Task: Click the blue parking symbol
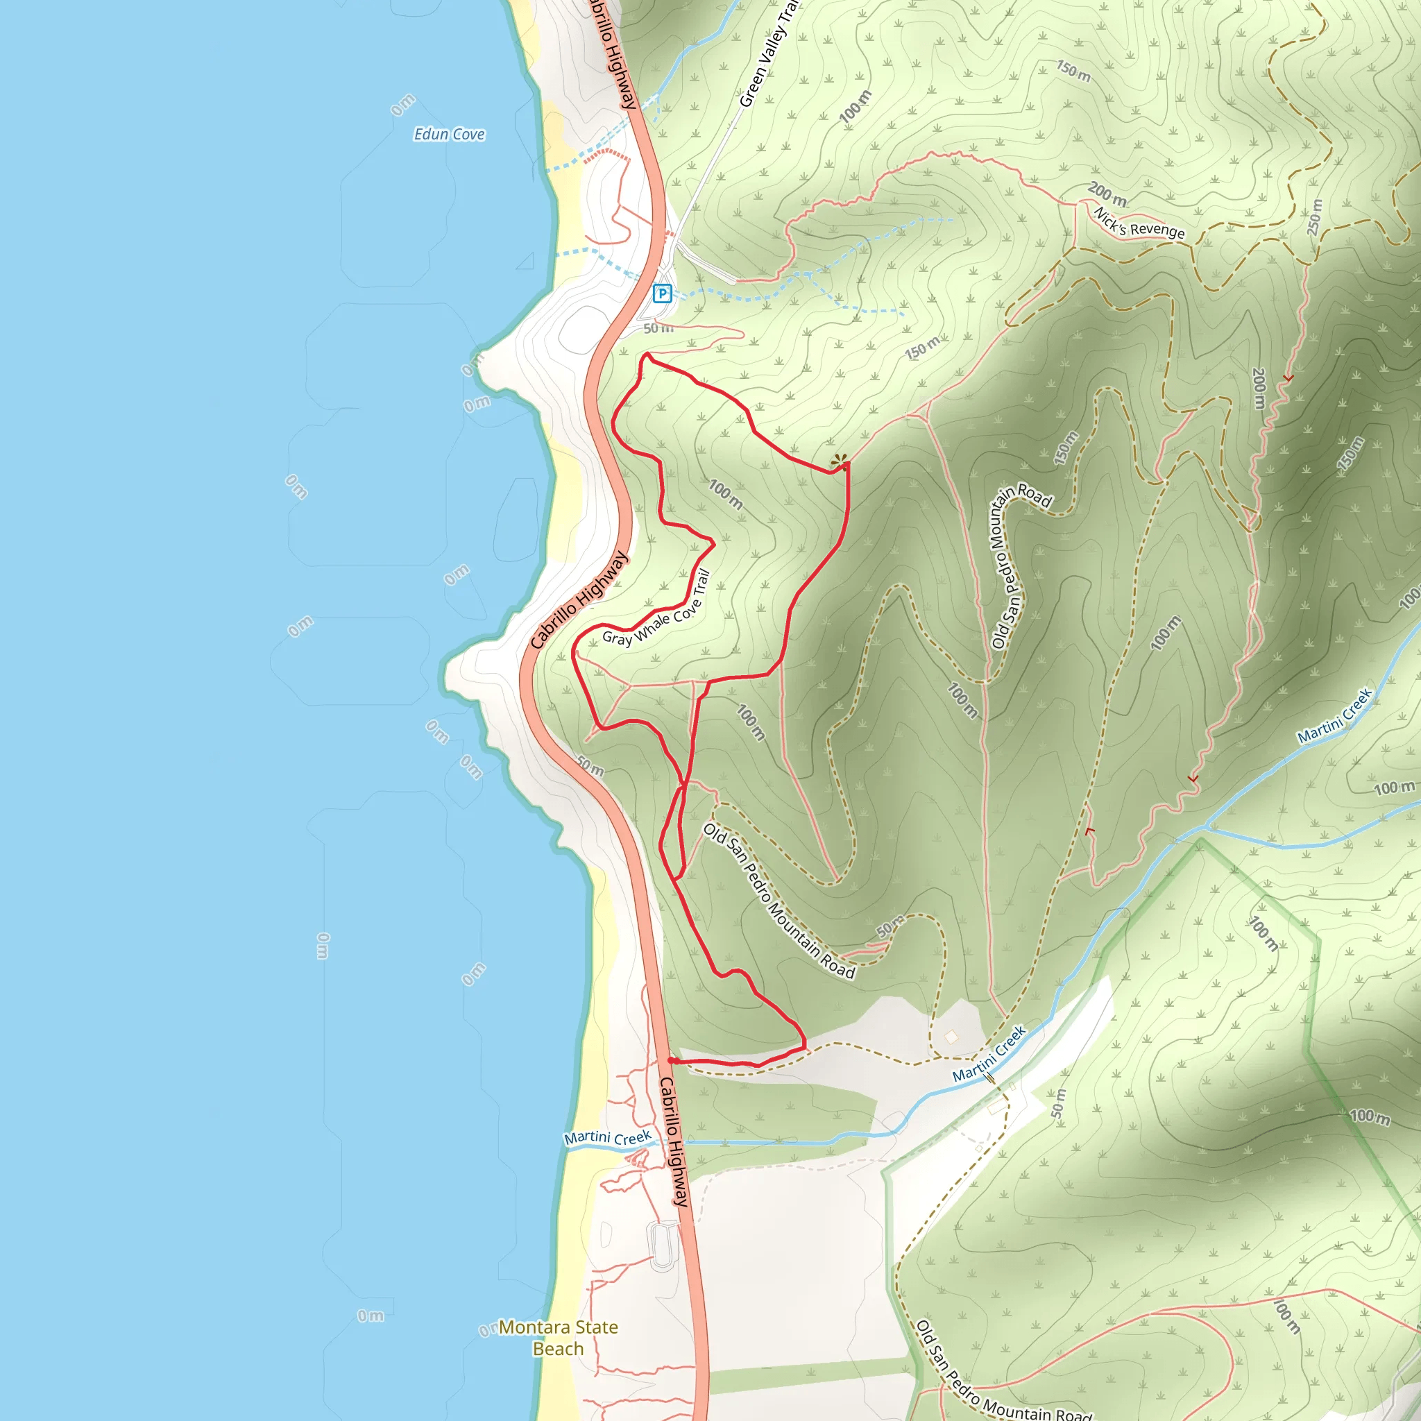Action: (x=662, y=294)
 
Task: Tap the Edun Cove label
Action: (x=450, y=134)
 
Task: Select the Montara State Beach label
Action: (x=559, y=1338)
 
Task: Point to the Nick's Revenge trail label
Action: (x=1139, y=223)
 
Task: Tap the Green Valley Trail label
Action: (x=769, y=56)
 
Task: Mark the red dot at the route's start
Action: (x=671, y=1060)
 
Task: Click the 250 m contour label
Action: (x=1314, y=217)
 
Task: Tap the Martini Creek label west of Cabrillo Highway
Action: (x=608, y=1137)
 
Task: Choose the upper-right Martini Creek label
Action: (x=1335, y=715)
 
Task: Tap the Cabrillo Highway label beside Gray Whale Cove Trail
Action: (x=580, y=600)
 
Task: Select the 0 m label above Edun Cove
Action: (x=402, y=105)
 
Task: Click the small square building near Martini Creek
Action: (x=952, y=1037)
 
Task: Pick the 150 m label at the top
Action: (x=1074, y=71)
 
